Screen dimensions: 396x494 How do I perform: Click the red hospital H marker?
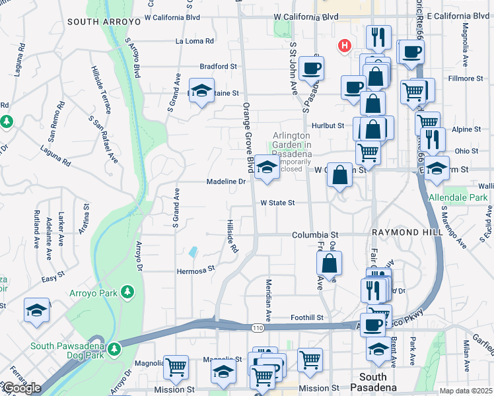point(344,46)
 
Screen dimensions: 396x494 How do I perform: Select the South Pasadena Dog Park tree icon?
point(115,348)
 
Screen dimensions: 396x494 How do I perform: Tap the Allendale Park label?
point(458,197)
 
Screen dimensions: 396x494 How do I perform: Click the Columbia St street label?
point(315,235)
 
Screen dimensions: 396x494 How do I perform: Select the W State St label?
point(277,203)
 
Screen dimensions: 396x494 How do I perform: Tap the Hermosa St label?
point(195,269)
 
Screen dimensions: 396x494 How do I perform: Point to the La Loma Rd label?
point(195,41)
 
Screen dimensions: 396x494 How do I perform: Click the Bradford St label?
point(218,67)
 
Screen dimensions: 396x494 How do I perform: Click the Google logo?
point(22,388)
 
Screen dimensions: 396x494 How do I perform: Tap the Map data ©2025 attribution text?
point(466,391)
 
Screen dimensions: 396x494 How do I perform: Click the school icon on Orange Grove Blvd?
point(267,166)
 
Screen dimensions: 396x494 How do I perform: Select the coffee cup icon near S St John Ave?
point(311,67)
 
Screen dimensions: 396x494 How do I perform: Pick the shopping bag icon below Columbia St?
point(329,263)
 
